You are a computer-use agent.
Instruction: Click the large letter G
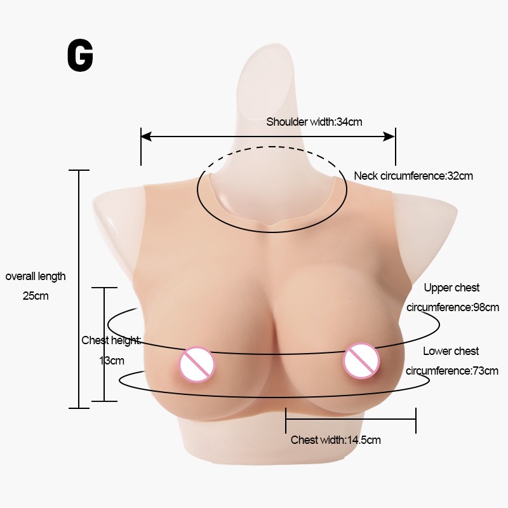[80, 57]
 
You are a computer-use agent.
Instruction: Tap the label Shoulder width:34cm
[314, 121]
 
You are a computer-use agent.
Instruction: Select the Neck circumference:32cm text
[413, 176]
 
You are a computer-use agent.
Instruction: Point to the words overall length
[36, 276]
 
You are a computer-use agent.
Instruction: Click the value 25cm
[36, 295]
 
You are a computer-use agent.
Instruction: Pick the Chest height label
[110, 340]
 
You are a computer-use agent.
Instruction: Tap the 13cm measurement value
[112, 361]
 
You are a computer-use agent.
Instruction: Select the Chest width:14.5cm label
[335, 440]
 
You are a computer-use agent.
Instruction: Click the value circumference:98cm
[452, 307]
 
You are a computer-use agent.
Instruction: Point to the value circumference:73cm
[452, 371]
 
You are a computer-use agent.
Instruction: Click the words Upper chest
[451, 288]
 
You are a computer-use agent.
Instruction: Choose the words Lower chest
[451, 351]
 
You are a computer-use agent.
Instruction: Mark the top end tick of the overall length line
[78, 170]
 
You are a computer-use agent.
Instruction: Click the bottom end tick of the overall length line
[78, 408]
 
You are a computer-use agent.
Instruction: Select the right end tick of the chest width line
[416, 420]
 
